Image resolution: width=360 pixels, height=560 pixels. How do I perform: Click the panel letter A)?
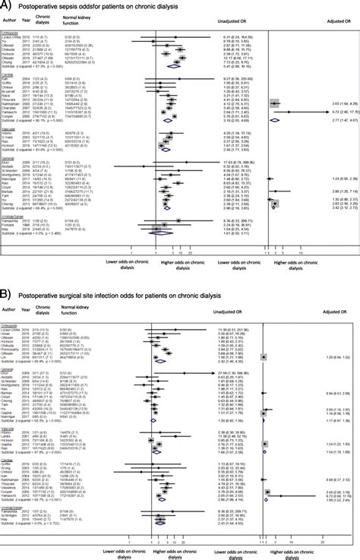(x=7, y=6)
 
